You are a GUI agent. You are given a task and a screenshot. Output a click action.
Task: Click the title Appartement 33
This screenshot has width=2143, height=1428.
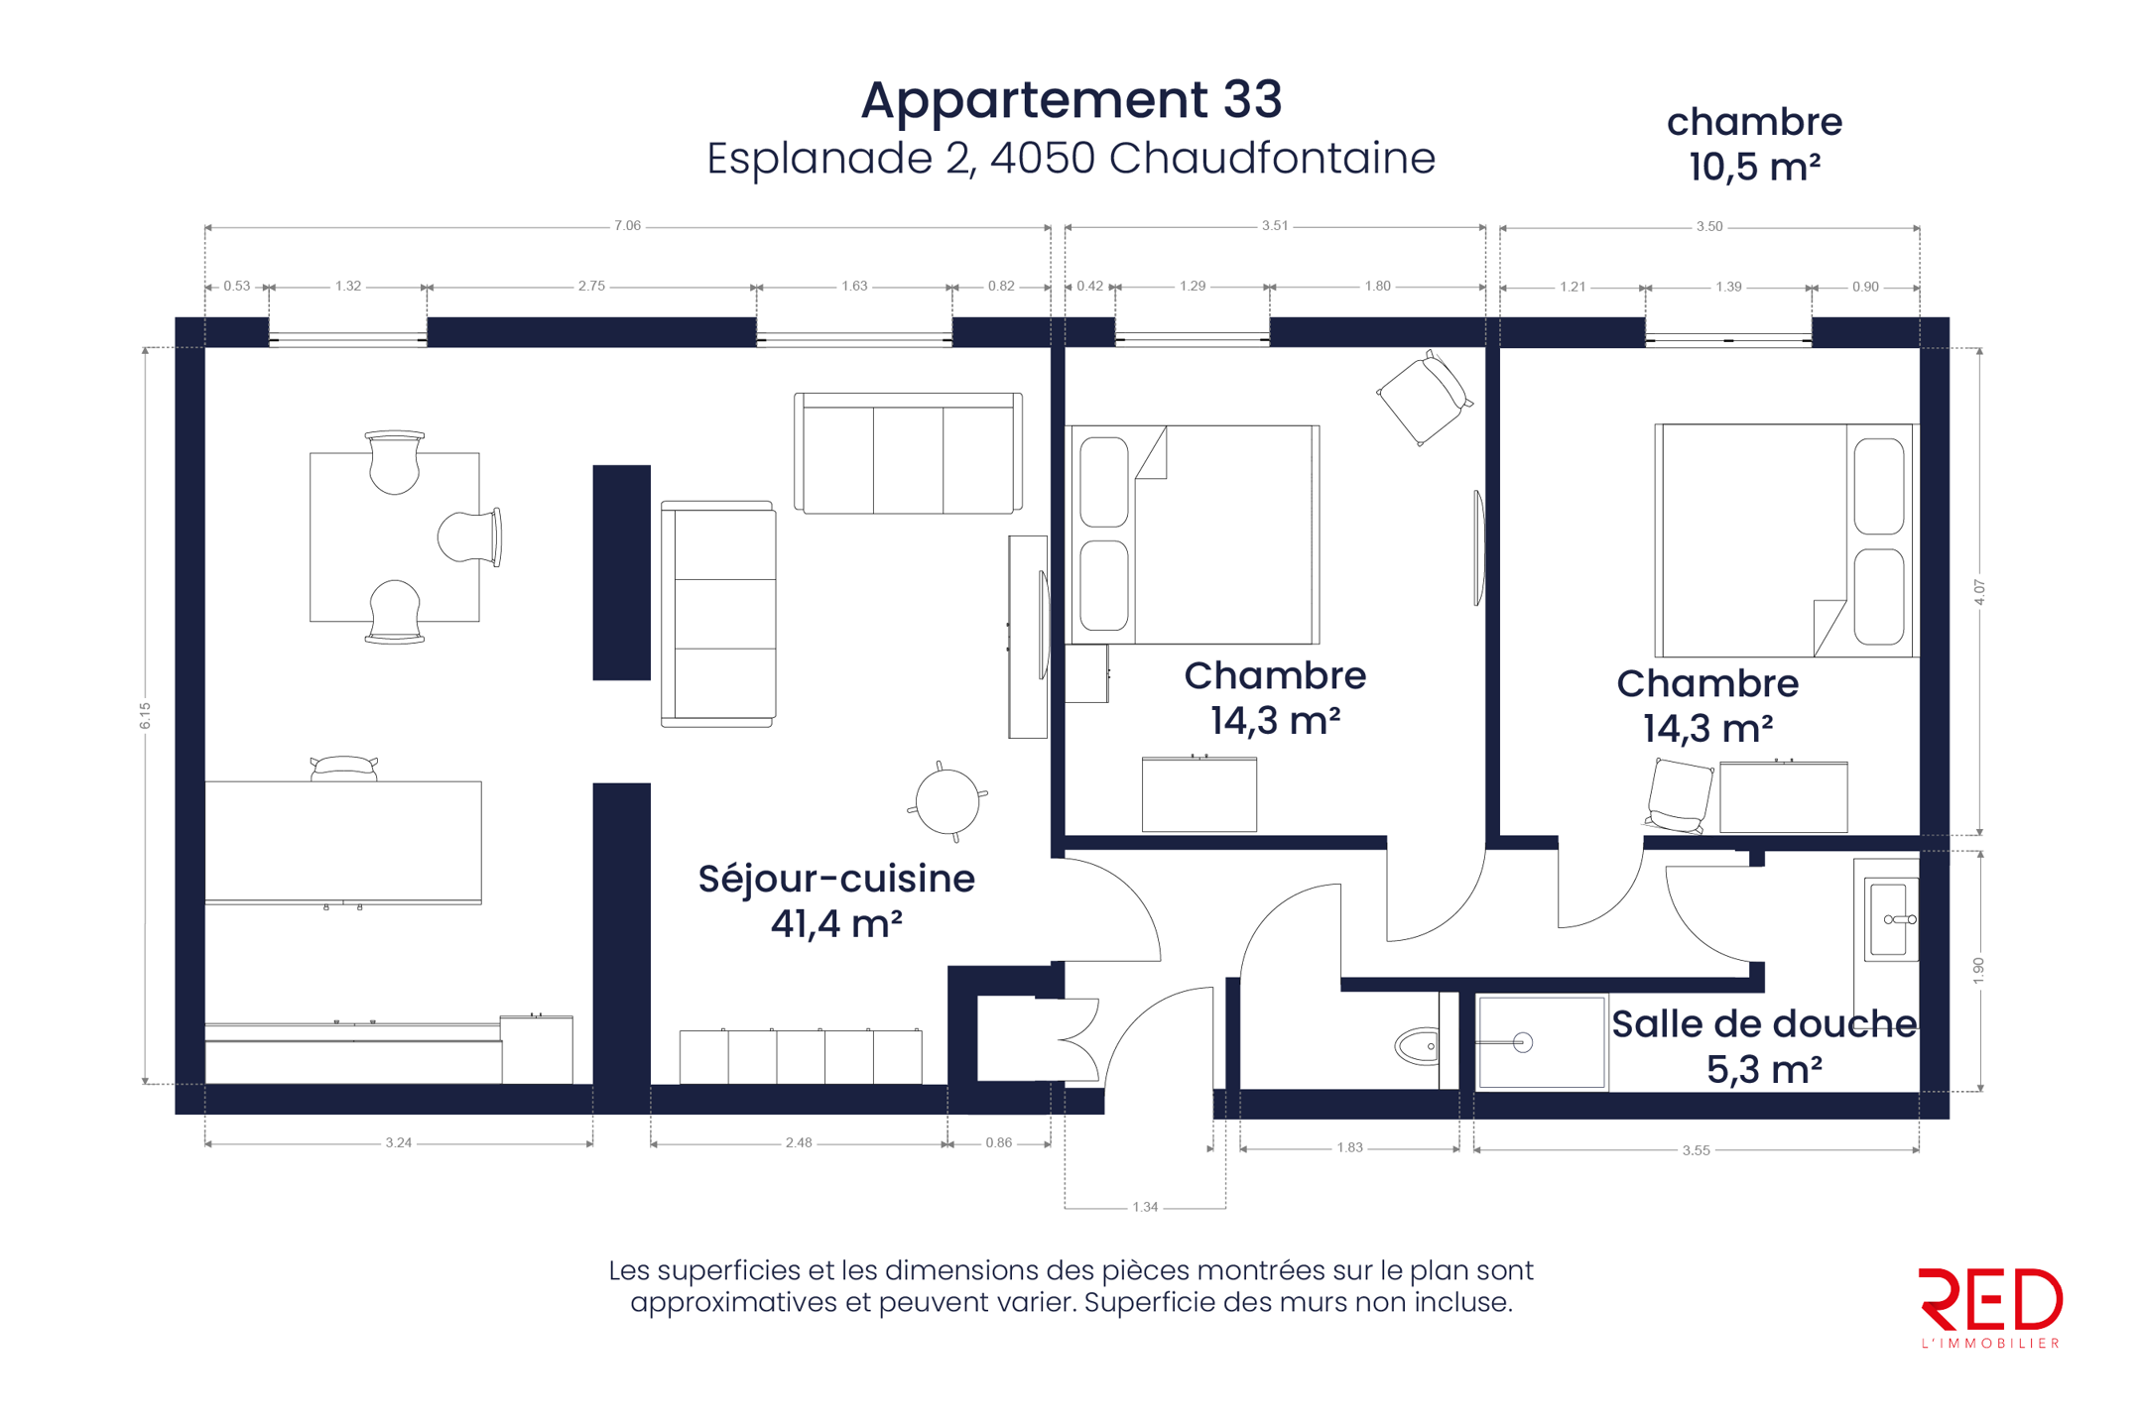[x=1071, y=100]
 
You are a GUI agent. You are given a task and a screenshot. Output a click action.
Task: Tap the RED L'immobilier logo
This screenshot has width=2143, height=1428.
[x=1990, y=1307]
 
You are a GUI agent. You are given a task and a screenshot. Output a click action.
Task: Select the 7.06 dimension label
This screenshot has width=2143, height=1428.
[x=627, y=226]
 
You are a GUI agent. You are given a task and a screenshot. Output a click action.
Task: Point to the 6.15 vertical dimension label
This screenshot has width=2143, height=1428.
[x=146, y=715]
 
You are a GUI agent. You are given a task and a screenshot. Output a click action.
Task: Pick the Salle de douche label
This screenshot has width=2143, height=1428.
[x=1764, y=1024]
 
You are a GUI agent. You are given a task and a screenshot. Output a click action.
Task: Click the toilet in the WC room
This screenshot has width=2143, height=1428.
[x=1418, y=1045]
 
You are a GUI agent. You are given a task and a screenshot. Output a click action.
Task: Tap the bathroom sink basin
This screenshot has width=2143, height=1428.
[x=1890, y=919]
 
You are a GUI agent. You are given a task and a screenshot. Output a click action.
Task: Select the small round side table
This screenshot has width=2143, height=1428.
[x=947, y=801]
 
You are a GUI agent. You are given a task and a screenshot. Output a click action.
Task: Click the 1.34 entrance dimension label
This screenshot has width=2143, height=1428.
[x=1145, y=1207]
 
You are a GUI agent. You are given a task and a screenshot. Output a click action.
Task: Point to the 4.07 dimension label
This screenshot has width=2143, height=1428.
[x=1979, y=592]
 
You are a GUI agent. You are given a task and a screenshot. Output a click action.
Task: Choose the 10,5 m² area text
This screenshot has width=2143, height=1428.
[x=1754, y=167]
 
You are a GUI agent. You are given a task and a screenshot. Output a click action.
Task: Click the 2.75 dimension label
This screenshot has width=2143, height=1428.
[x=591, y=286]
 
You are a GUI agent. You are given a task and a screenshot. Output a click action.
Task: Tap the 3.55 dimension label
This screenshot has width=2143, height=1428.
[x=1696, y=1150]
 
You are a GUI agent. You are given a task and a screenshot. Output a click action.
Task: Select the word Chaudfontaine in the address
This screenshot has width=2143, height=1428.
[x=1272, y=158]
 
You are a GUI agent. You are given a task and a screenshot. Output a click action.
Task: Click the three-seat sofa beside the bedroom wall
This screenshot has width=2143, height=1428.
[x=908, y=453]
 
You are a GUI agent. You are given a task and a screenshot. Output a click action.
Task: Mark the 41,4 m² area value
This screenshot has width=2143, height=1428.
[x=836, y=924]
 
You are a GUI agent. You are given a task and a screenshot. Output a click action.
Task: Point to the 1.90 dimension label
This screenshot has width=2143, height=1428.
[x=1978, y=971]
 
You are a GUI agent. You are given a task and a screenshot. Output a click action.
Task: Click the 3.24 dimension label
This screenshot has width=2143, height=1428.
[x=398, y=1142]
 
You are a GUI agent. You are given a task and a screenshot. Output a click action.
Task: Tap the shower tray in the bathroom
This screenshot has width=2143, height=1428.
[x=1541, y=1042]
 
